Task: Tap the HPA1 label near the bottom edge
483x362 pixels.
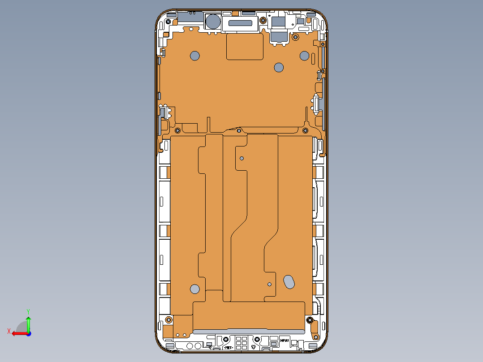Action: coord(285,340)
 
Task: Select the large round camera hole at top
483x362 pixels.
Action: coord(213,22)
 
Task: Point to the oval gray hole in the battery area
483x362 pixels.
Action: coord(289,281)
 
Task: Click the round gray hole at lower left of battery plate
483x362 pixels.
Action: coord(194,289)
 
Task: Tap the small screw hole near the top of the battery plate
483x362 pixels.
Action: coord(242,158)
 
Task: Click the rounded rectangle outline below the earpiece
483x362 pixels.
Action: coord(245,47)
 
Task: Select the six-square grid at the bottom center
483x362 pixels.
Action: coord(241,343)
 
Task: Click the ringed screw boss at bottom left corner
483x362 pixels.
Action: coord(168,319)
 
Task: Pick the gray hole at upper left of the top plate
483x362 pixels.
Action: coord(194,56)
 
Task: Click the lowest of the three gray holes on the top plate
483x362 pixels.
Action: coord(279,68)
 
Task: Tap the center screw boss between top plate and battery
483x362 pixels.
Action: coord(239,131)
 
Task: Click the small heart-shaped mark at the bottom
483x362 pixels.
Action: coord(254,347)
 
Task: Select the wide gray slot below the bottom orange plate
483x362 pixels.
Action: coord(249,332)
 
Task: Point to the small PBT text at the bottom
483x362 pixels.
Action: coord(228,347)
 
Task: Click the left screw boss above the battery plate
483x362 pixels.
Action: coord(177,130)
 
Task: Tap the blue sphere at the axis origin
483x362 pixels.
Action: coord(28,333)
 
